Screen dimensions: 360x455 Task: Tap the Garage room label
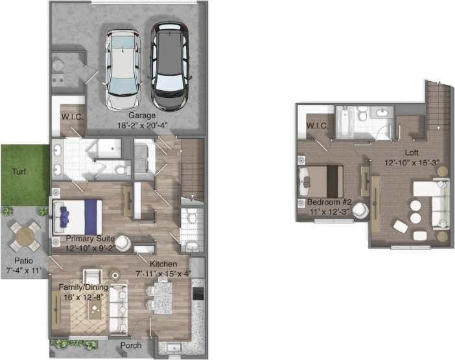click(137, 116)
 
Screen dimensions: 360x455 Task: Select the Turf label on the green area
click(19, 173)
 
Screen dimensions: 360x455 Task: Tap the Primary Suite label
click(90, 239)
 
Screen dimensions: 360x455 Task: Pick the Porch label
click(132, 345)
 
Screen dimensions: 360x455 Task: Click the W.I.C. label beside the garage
click(71, 117)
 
